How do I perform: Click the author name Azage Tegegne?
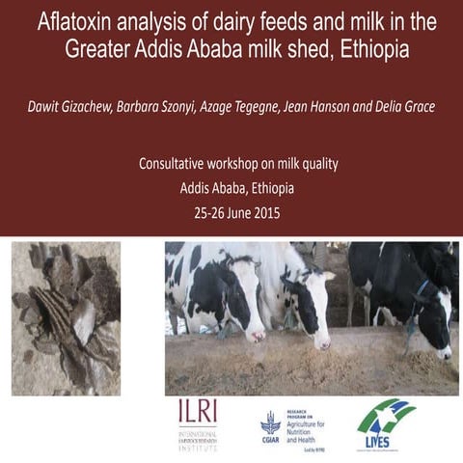point(247,103)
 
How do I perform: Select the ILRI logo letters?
point(198,412)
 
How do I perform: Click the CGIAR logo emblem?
point(272,422)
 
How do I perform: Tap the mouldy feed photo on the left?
point(66,318)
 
